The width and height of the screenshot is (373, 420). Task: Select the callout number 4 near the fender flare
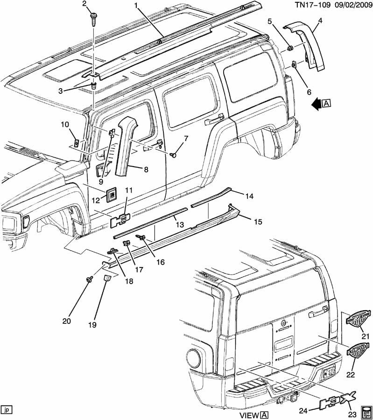click(x=320, y=20)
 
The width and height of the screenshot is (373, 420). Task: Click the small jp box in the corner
click(x=7, y=410)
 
